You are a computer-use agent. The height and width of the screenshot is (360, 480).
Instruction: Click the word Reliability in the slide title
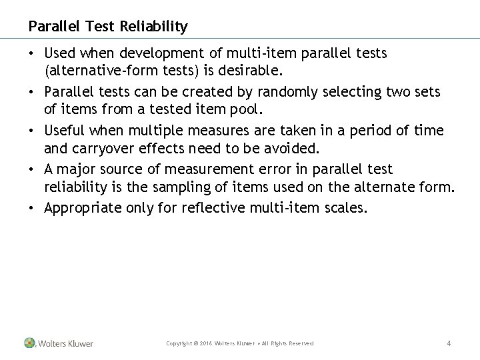pos(153,27)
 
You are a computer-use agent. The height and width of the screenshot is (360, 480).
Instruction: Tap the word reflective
pos(212,209)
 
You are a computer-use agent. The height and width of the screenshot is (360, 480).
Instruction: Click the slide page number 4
pos(449,343)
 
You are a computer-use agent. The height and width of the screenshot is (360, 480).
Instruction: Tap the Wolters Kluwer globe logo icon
pos(30,343)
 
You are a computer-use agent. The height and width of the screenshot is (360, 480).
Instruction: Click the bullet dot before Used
pos(31,53)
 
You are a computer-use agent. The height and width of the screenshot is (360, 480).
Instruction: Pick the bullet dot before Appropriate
pos(31,209)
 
